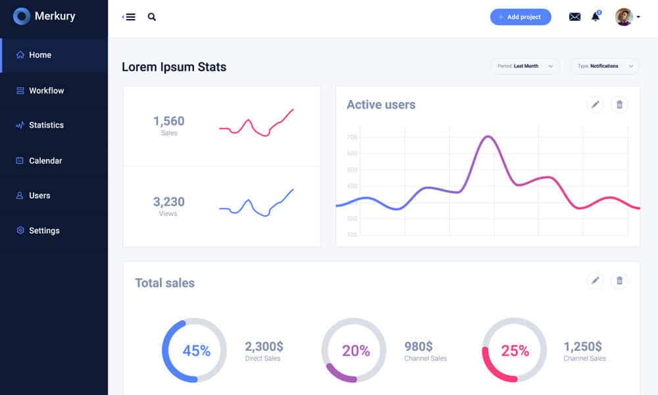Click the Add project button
(520, 17)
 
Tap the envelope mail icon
(574, 17)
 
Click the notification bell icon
(595, 16)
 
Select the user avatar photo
(624, 17)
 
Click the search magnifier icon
(152, 17)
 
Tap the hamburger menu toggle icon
(130, 17)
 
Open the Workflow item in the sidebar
(46, 91)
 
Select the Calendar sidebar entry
(45, 161)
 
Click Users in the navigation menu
(39, 196)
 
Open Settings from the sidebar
(44, 230)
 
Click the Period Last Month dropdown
(525, 66)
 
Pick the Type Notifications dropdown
(605, 66)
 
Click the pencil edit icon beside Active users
(595, 104)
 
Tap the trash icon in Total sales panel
(619, 281)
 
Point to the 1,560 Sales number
(169, 121)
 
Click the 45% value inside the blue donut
(196, 351)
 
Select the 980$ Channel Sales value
(418, 346)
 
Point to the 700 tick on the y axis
(352, 138)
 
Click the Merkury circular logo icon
(22, 16)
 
